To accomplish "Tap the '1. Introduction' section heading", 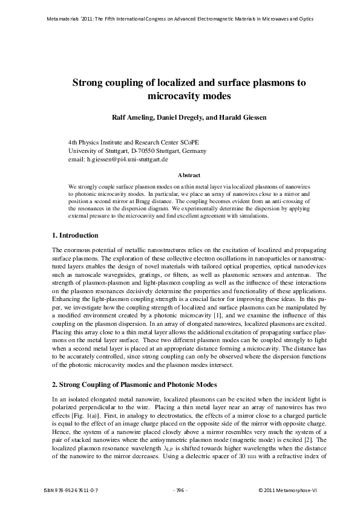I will pos(76,235).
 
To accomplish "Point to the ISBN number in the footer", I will pos(71,490).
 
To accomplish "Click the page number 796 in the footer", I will pos(180,490).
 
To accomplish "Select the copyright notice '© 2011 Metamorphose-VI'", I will pos(287,490).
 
